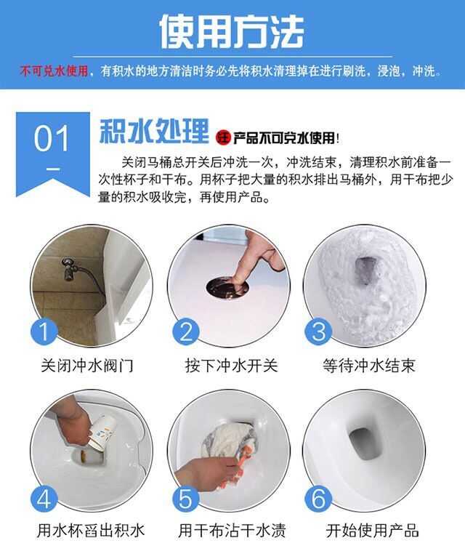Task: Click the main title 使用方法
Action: (232, 31)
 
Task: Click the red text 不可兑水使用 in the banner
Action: (54, 71)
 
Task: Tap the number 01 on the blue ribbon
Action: (52, 139)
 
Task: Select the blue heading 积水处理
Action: (154, 131)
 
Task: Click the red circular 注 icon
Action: (224, 137)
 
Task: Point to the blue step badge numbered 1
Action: (44, 331)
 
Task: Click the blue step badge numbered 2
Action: (186, 331)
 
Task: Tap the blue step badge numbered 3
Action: (318, 331)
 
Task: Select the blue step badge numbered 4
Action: (44, 498)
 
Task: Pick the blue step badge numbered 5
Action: (185, 498)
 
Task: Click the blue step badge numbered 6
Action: (318, 498)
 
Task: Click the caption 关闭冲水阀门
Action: (87, 366)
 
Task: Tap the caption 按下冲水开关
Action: (231, 366)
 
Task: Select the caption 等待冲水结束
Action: (369, 366)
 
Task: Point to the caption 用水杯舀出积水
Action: (92, 531)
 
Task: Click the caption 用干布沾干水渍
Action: (232, 531)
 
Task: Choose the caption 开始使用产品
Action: (372, 531)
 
